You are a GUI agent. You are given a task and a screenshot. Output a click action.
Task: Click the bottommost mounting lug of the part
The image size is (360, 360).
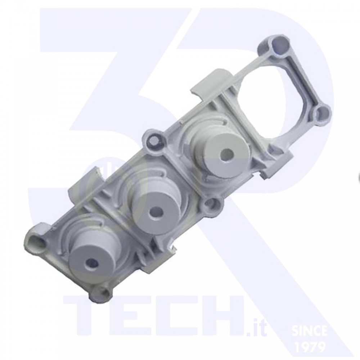click(x=101, y=292)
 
